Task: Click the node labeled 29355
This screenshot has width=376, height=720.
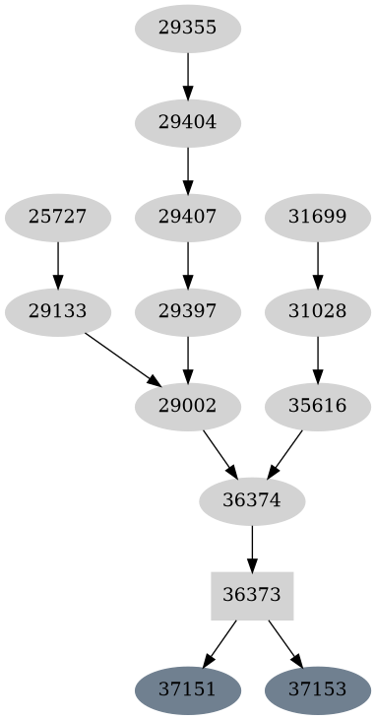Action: point(187,28)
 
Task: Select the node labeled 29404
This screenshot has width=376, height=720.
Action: point(187,123)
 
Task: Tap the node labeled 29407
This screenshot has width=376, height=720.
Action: point(187,215)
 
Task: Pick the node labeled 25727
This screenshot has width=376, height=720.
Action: point(57,215)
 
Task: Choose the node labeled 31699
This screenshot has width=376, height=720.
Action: point(317,215)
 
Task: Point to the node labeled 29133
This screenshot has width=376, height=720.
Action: point(57,311)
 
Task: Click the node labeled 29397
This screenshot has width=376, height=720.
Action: point(187,311)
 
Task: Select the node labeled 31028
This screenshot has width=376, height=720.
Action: point(317,311)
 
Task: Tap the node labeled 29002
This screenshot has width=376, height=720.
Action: point(187,406)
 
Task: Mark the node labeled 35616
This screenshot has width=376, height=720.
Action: point(317,406)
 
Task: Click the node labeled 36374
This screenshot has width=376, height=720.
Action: point(252,501)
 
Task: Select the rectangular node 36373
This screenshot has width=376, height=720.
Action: point(252,596)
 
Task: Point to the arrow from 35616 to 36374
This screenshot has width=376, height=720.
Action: point(284,454)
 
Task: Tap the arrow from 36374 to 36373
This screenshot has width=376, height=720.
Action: point(252,549)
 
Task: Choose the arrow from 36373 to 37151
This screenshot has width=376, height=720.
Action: point(220,643)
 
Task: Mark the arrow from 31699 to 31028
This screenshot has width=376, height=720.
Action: point(317,263)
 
